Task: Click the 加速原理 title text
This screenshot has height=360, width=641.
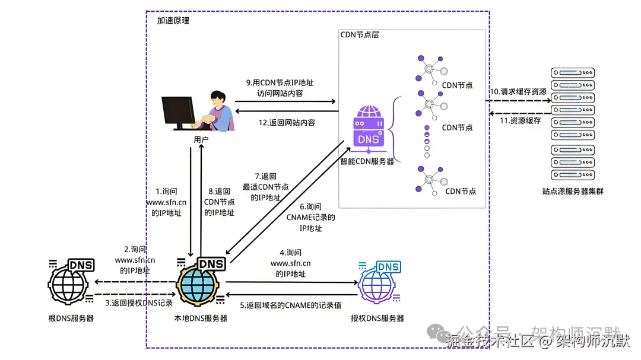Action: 173,21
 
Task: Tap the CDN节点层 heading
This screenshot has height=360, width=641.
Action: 359,35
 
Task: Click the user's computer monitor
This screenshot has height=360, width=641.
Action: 178,113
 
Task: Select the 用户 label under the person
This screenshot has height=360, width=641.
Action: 201,140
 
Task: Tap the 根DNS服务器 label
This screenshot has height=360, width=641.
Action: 71,318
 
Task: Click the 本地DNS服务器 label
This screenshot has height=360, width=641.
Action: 200,318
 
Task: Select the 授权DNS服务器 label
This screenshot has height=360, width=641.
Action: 377,318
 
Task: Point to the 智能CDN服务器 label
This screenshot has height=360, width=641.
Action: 367,161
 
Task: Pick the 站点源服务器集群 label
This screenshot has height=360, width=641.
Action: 573,192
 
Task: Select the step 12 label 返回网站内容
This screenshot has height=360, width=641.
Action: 286,123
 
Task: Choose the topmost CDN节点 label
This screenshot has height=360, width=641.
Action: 457,85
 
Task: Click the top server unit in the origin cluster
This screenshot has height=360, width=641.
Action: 573,74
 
